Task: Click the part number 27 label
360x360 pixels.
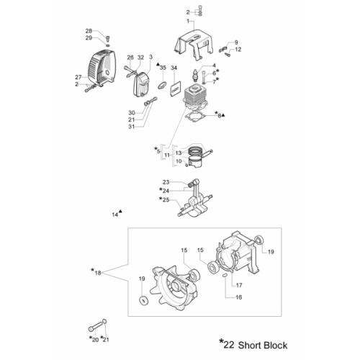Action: pos(78,77)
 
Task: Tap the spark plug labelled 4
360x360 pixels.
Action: pos(196,73)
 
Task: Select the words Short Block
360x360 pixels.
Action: pos(263,346)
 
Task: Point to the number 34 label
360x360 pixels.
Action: pos(174,68)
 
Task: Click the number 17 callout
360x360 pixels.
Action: pos(239,285)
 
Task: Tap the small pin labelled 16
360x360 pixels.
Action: pos(225,276)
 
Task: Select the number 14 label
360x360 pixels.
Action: pos(115,215)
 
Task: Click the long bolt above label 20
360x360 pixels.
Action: pos(96,326)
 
